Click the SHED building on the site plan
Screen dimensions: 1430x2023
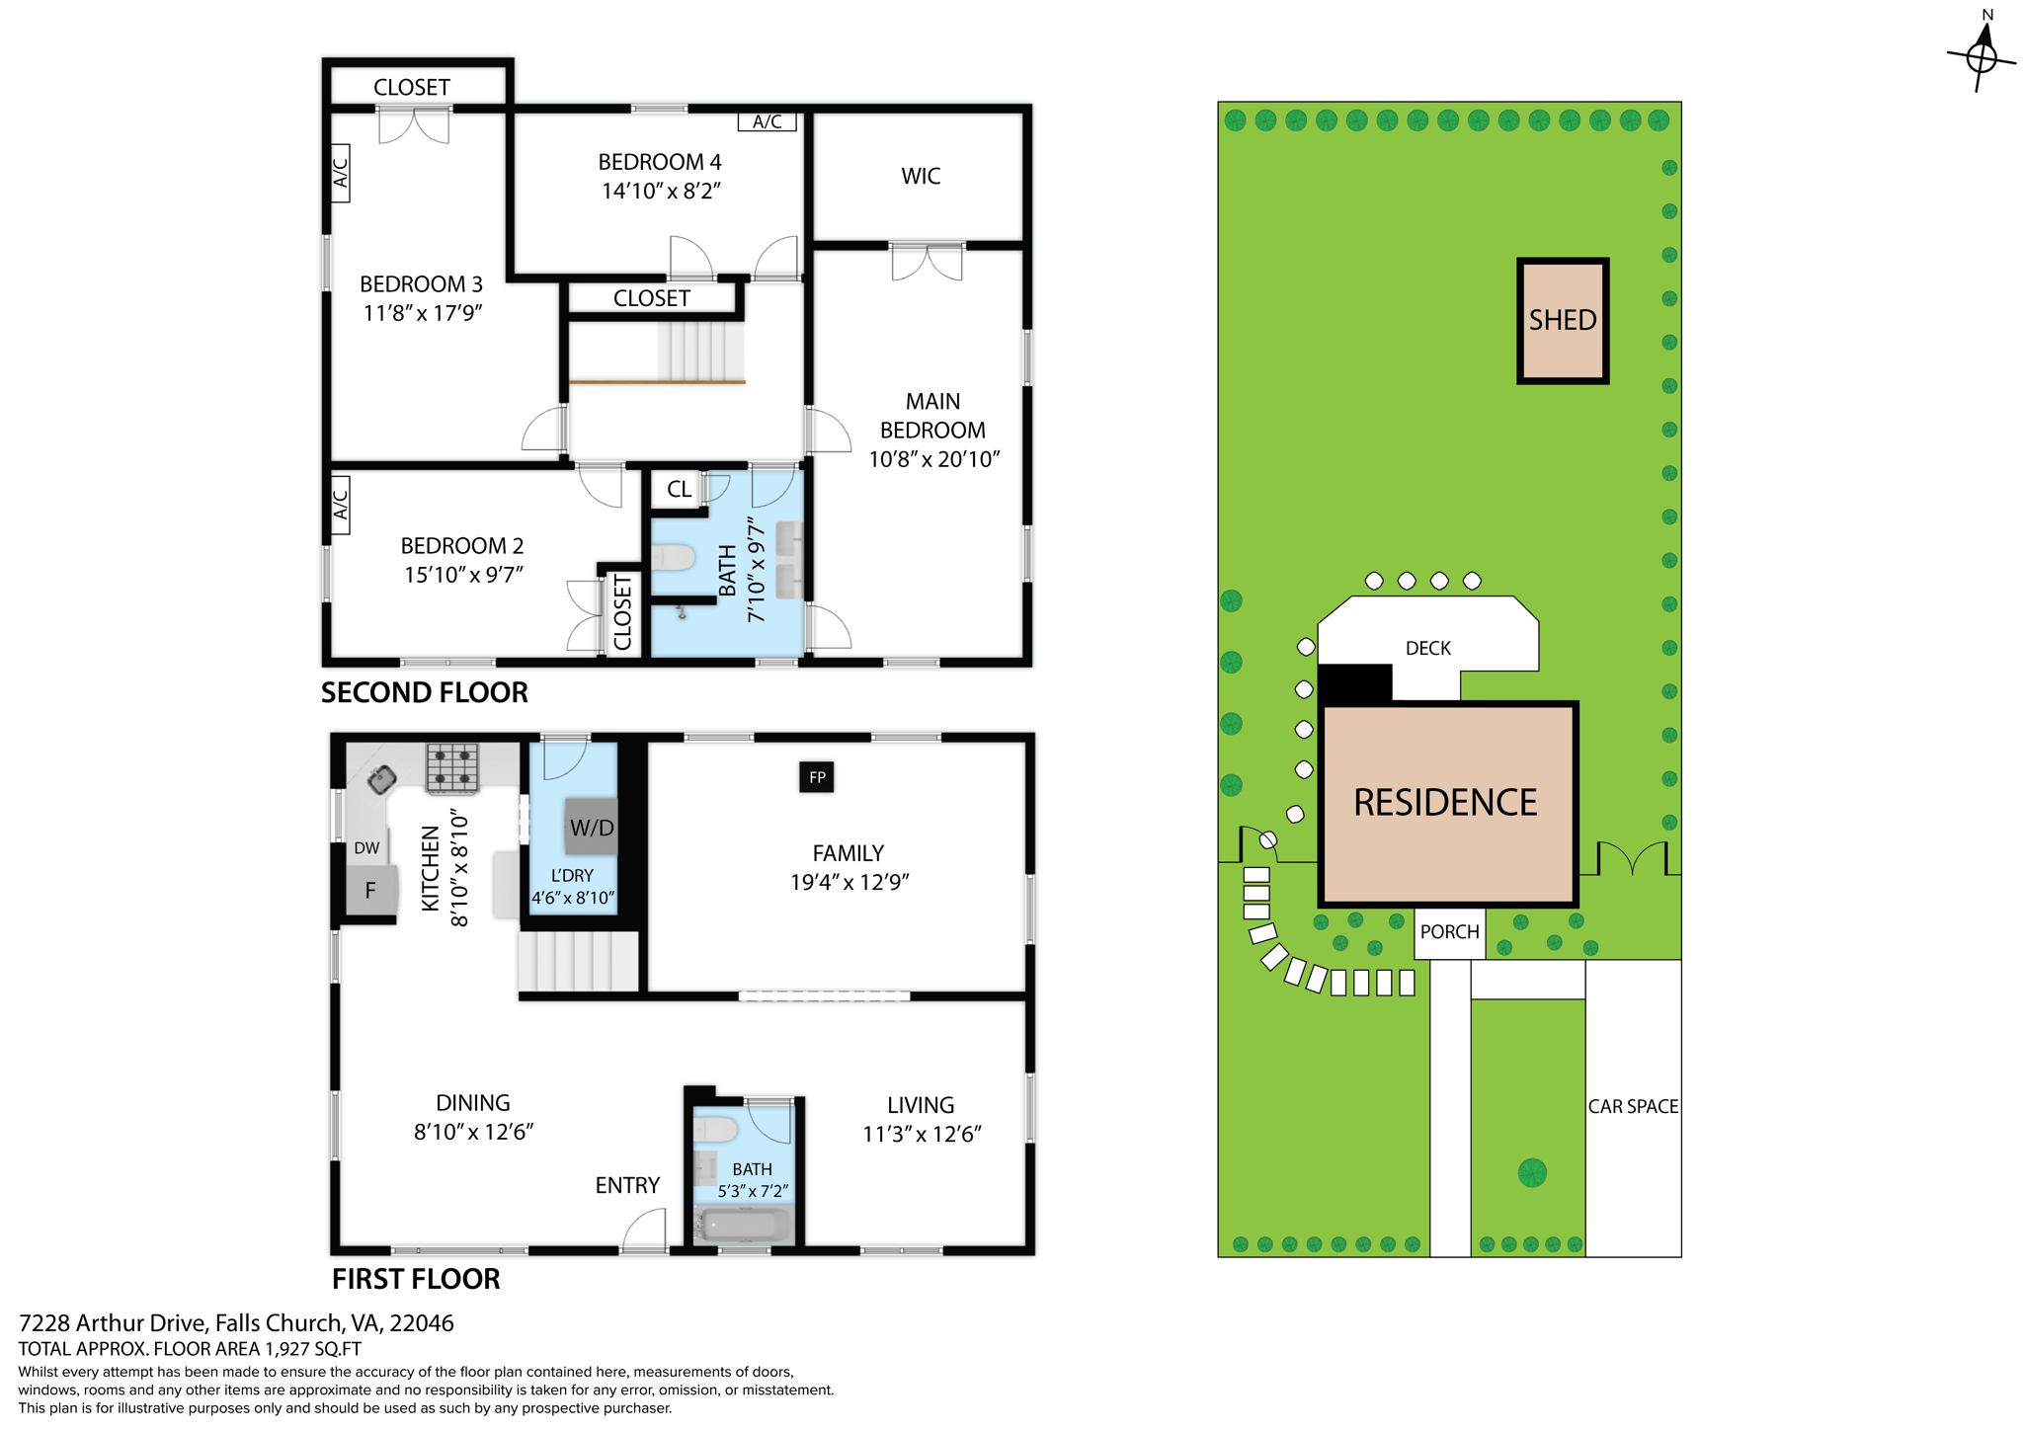pyautogui.click(x=1562, y=320)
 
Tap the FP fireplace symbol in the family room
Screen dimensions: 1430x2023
pyautogui.click(x=816, y=777)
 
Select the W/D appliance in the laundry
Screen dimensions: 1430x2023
pyautogui.click(x=591, y=827)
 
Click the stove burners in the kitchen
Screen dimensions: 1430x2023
pyautogui.click(x=452, y=767)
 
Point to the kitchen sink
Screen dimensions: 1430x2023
pyautogui.click(x=381, y=779)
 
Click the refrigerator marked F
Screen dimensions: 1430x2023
pyautogui.click(x=371, y=890)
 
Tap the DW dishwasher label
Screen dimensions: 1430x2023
pyautogui.click(x=366, y=847)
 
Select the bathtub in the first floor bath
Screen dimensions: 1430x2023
pyautogui.click(x=743, y=1226)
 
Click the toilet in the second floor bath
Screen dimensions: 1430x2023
pyautogui.click(x=674, y=558)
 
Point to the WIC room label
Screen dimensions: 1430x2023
pyautogui.click(x=920, y=176)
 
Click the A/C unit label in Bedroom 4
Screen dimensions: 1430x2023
pyautogui.click(x=767, y=121)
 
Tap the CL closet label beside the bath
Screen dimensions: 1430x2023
pyautogui.click(x=679, y=489)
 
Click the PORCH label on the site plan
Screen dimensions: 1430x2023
pyautogui.click(x=1449, y=932)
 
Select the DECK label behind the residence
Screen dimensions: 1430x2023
pyautogui.click(x=1427, y=648)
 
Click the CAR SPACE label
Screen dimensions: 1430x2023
pyautogui.click(x=1632, y=1106)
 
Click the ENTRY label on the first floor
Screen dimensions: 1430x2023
pyautogui.click(x=626, y=1185)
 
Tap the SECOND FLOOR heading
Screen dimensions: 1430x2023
pyautogui.click(x=424, y=692)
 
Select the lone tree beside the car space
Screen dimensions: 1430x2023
pyautogui.click(x=1531, y=1173)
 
